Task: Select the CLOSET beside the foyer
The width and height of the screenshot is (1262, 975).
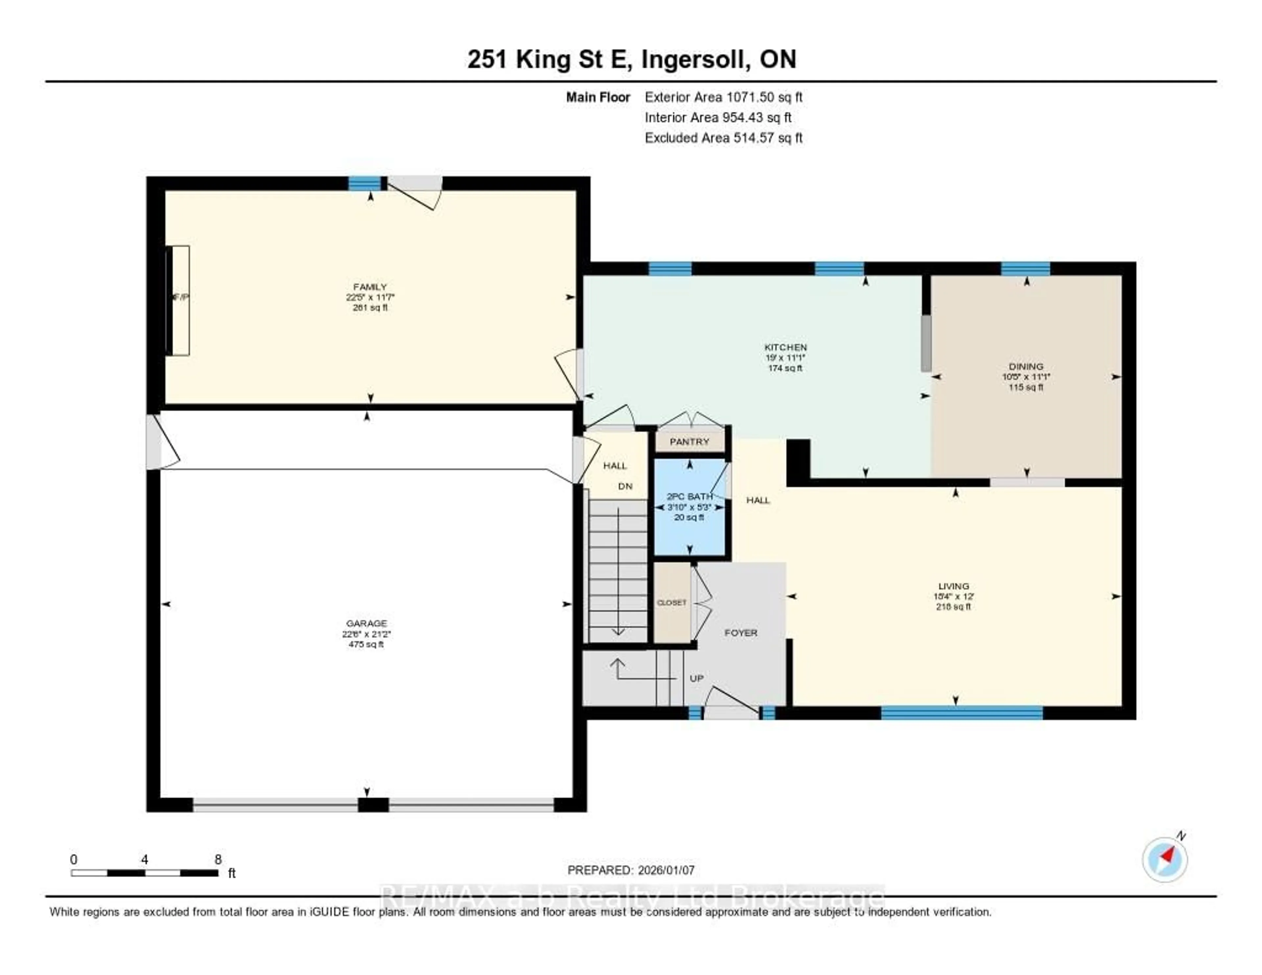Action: click(672, 602)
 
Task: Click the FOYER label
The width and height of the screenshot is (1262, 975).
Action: click(741, 633)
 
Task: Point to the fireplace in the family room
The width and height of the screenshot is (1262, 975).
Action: click(178, 300)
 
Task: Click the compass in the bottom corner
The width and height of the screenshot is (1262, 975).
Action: click(1165, 859)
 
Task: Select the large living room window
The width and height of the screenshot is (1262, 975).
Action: click(962, 713)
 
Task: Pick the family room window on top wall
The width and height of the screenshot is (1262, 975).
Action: click(364, 183)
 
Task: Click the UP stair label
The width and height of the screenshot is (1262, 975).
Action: click(696, 678)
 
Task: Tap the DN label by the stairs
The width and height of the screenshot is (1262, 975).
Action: click(625, 486)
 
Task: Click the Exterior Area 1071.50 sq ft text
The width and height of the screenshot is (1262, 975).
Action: click(723, 97)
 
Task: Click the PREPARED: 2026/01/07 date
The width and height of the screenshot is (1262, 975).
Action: click(631, 870)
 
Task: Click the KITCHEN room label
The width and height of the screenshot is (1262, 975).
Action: click(785, 347)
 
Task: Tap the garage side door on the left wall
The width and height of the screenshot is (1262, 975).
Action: click(154, 441)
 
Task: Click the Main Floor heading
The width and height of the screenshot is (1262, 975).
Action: click(597, 97)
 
